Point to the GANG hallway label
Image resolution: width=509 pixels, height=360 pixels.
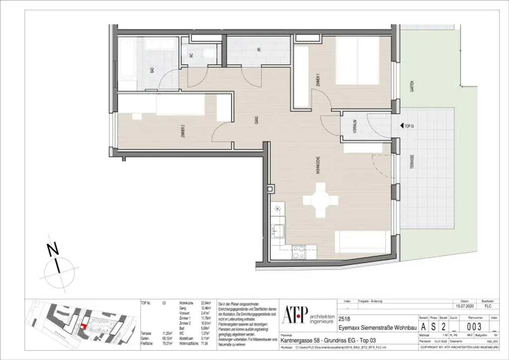(x=256, y=119)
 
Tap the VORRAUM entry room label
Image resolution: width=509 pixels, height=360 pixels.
(x=355, y=127)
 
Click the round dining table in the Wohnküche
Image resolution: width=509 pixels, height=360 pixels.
(x=321, y=199)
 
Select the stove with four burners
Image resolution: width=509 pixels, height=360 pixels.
(x=299, y=253)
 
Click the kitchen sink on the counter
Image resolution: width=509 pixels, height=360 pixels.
(x=278, y=231)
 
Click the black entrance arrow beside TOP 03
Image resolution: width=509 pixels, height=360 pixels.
(x=401, y=126)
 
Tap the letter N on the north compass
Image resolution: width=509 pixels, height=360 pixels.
(x=51, y=251)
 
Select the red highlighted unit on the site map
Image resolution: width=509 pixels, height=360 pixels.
(x=84, y=326)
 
